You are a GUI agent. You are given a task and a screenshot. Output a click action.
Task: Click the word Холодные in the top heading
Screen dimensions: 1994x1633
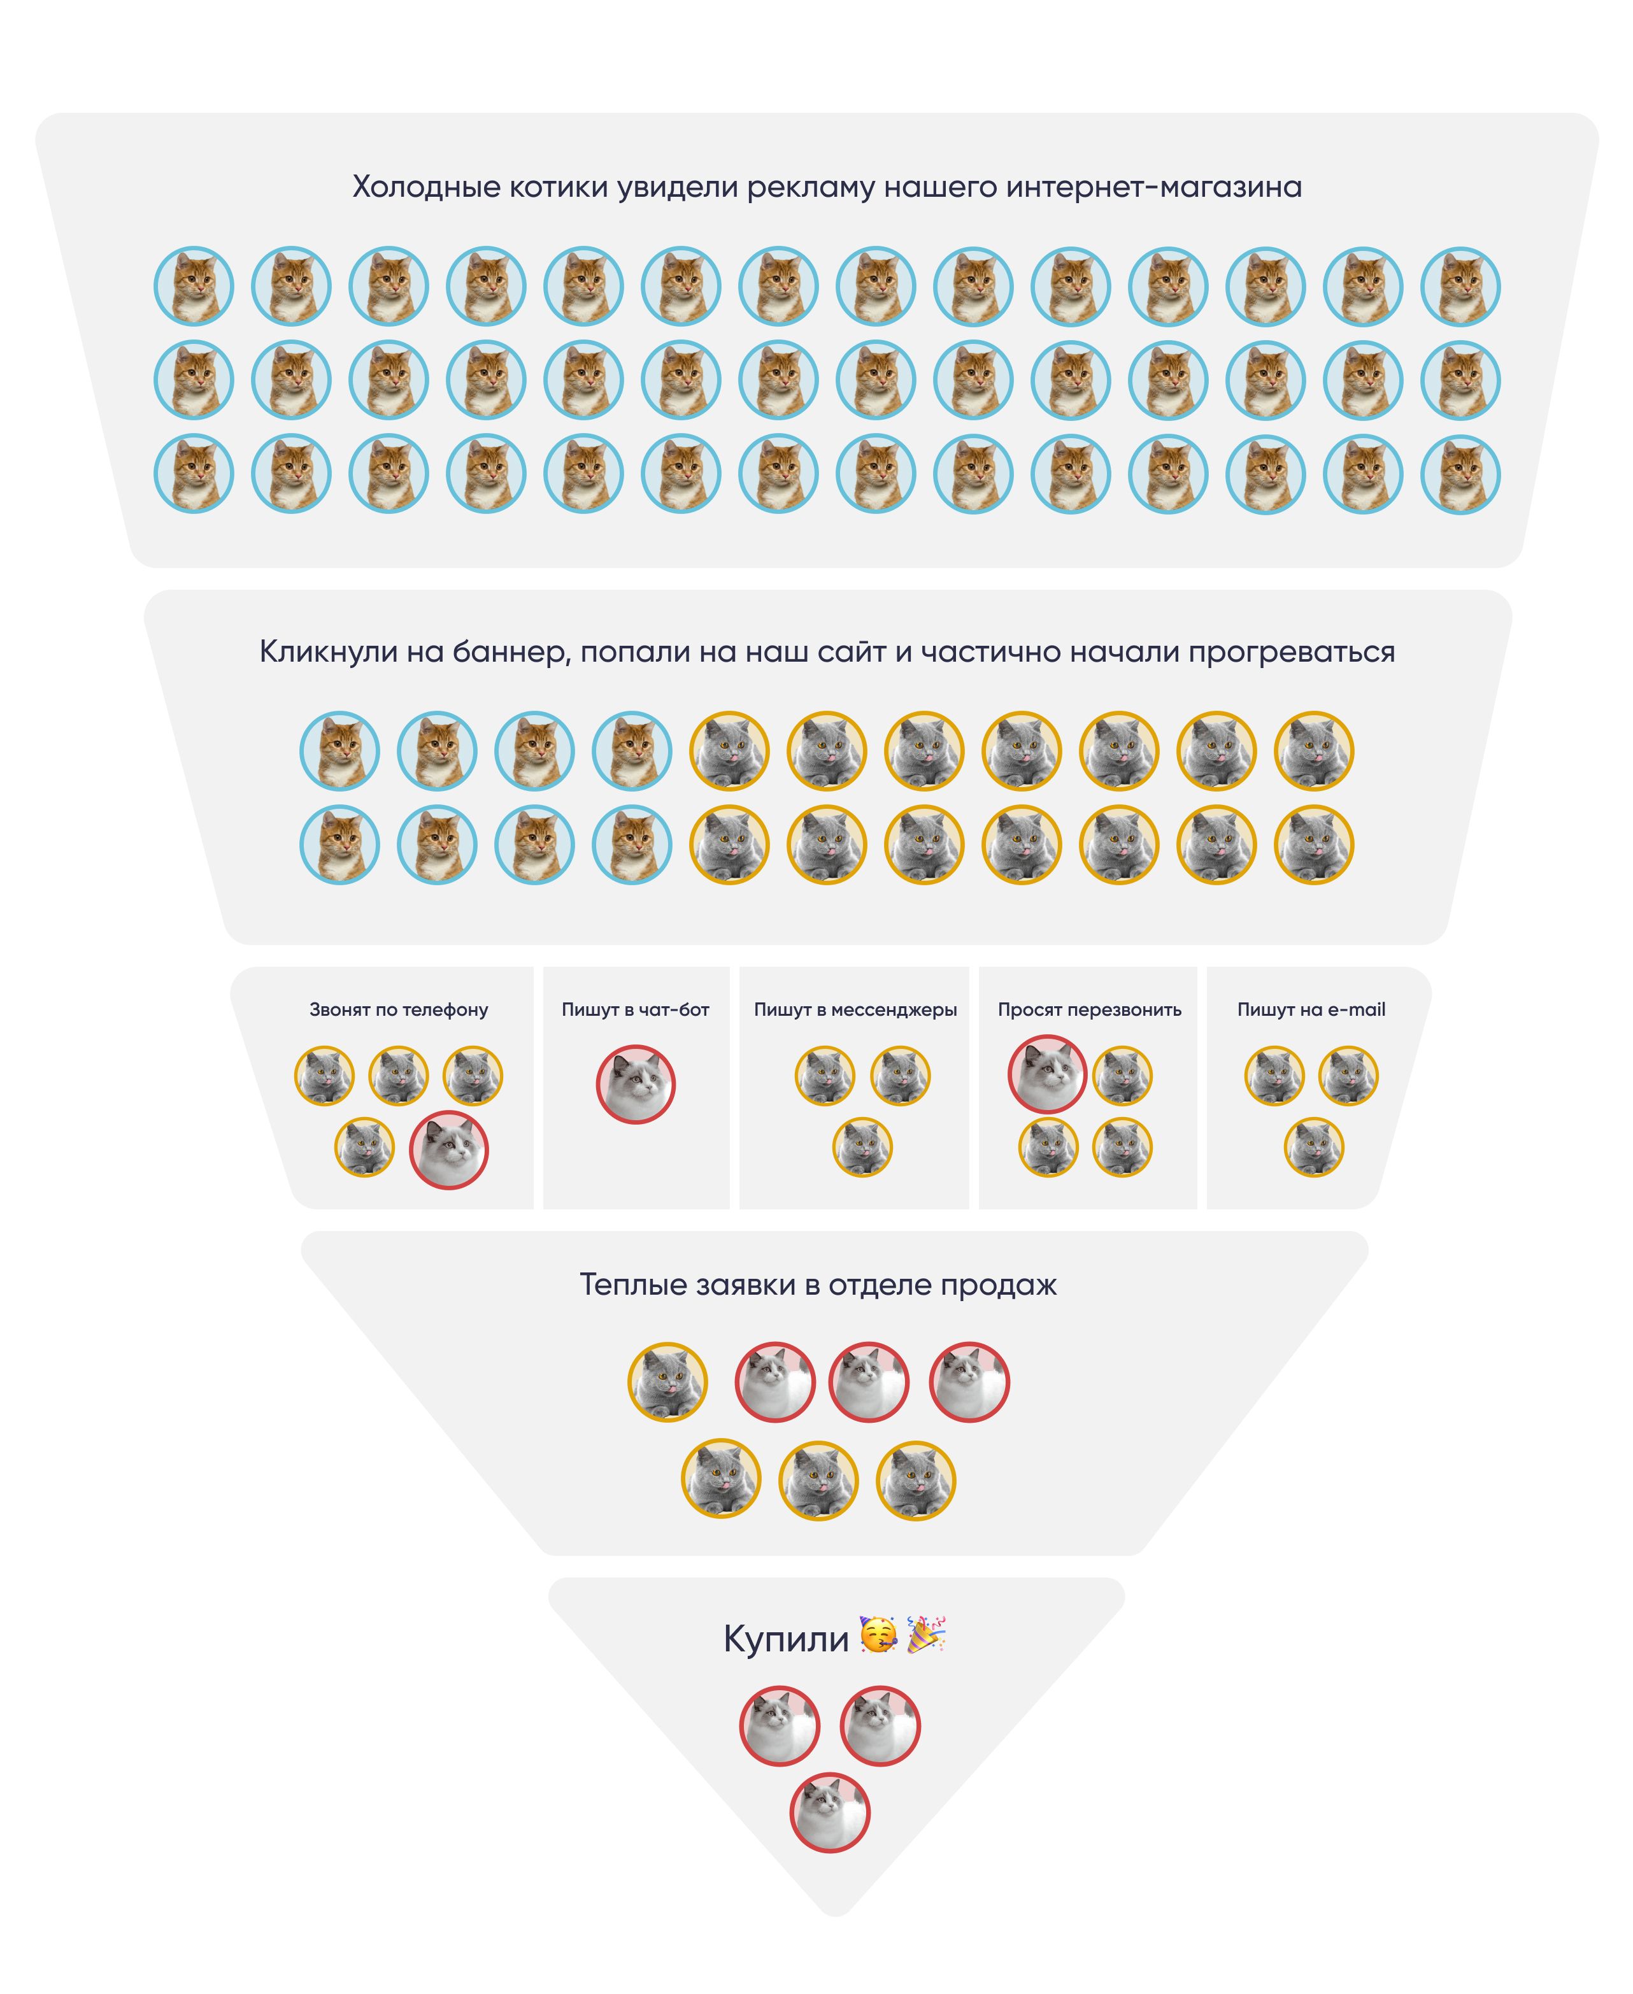(x=426, y=187)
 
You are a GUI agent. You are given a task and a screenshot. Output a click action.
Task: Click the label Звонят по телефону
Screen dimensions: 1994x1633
(x=399, y=1010)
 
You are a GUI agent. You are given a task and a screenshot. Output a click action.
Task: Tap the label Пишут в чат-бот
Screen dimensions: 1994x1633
(x=635, y=1010)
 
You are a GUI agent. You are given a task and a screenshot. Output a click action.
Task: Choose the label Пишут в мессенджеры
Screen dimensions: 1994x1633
(x=855, y=1010)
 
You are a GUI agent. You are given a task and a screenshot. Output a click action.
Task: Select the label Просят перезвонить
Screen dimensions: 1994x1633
(x=1089, y=1010)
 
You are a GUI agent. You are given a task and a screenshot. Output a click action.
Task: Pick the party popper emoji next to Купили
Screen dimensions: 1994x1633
(x=925, y=1635)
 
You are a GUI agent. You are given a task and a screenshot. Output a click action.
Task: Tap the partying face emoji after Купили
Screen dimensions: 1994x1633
(x=878, y=1635)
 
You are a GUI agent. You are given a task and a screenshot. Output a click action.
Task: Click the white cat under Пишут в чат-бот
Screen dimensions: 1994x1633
(x=636, y=1085)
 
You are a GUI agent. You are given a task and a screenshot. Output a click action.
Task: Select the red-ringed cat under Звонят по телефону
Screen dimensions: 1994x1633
(x=449, y=1150)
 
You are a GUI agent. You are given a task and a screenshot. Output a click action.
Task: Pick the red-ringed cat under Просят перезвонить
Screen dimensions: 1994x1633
(x=1047, y=1074)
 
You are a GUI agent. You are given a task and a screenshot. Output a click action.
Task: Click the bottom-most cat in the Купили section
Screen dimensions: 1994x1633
(x=830, y=1812)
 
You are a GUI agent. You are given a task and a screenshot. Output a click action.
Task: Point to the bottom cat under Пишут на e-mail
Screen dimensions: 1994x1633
(x=1313, y=1146)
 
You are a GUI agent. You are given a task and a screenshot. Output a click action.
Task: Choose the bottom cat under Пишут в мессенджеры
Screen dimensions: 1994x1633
(x=862, y=1146)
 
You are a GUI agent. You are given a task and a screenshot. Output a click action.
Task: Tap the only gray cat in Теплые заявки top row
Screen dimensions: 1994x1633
(x=668, y=1382)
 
